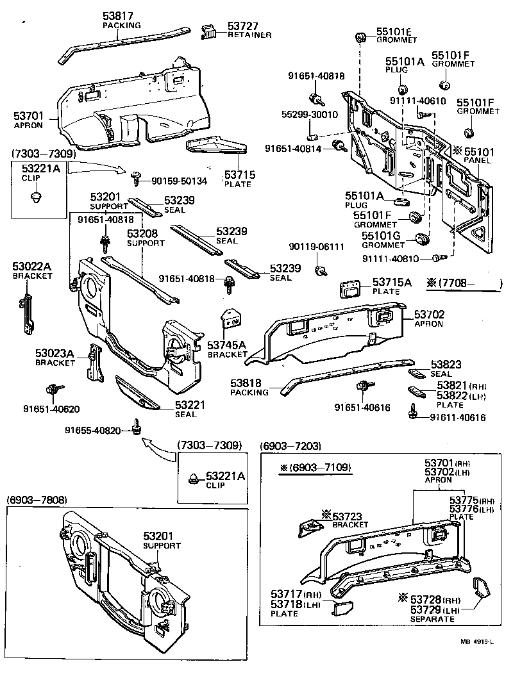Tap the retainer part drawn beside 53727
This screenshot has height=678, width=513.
pos(209,32)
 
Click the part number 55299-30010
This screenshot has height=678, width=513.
pos(309,115)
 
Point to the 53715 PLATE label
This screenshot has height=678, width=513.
pos(238,179)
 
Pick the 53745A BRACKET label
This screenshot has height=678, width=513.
pos(227,349)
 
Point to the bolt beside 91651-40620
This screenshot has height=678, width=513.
pos(53,390)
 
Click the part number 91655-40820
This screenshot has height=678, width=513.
pos(92,430)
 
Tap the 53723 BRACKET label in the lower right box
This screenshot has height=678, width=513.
pos(350,518)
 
